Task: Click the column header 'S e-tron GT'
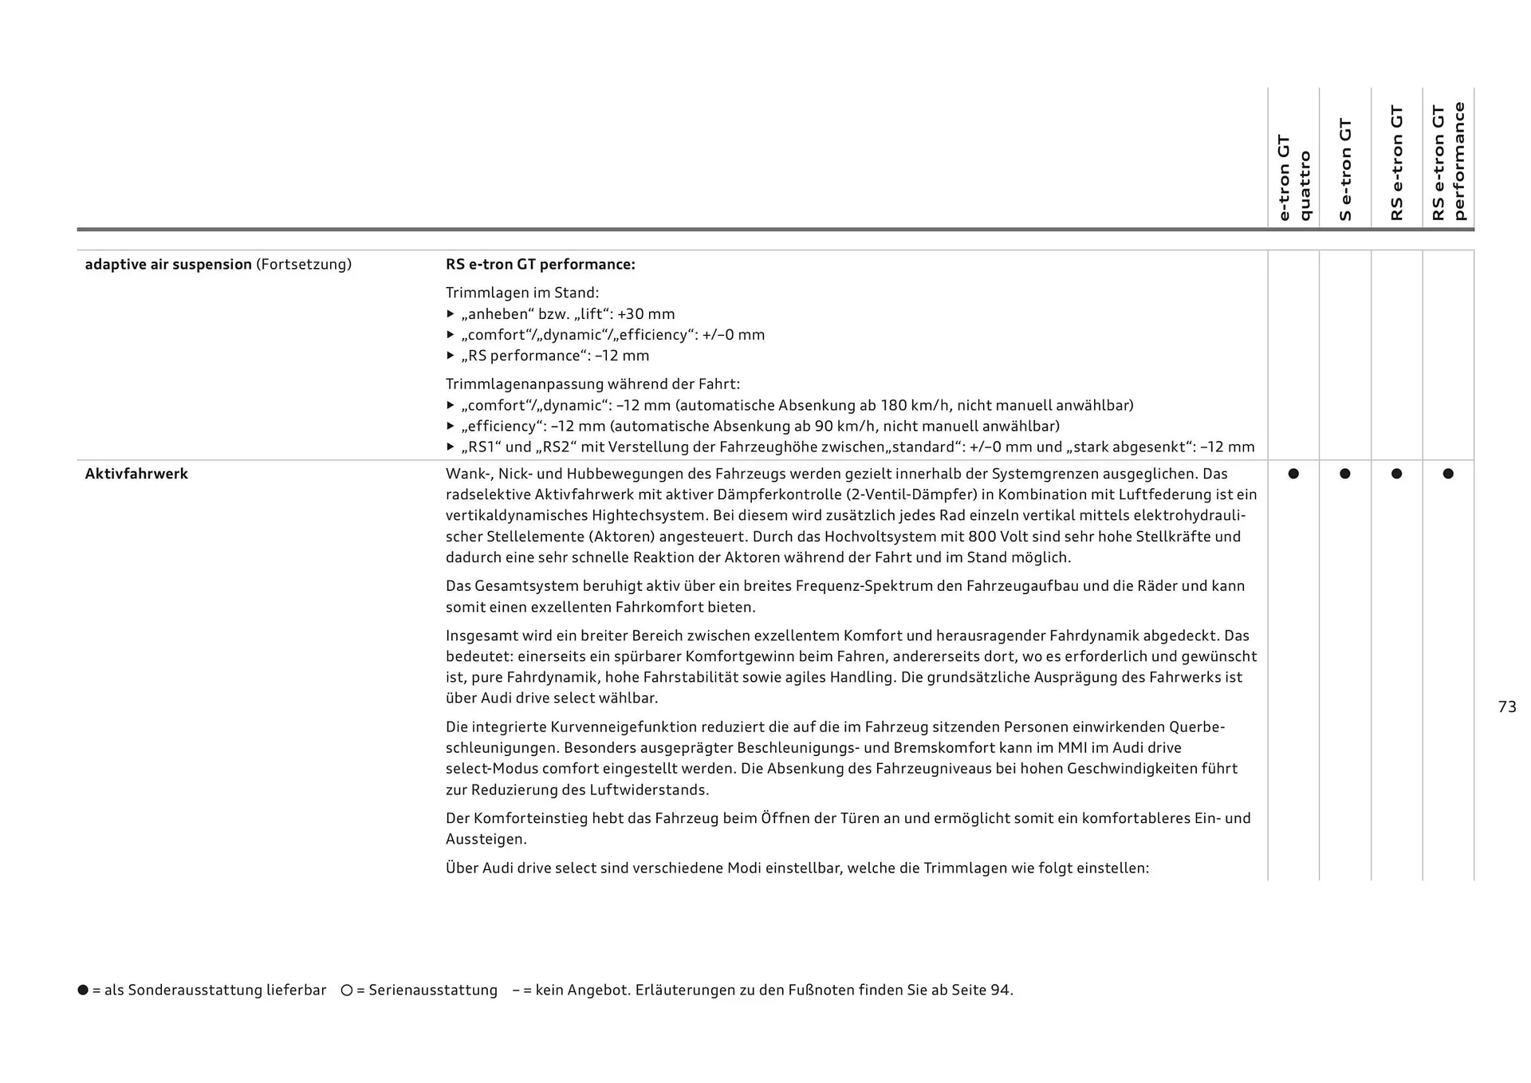click(1345, 169)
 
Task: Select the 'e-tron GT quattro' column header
click(1293, 177)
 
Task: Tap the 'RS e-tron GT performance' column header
click(1448, 161)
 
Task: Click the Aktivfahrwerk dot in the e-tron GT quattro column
click(1293, 474)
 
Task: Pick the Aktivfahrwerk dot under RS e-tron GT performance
click(1448, 474)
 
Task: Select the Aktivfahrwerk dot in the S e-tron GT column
click(1345, 474)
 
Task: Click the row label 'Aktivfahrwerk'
click(136, 474)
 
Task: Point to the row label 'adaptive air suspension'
click(168, 264)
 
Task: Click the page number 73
click(1506, 707)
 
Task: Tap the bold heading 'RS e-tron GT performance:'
click(540, 264)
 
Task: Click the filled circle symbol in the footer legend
click(83, 990)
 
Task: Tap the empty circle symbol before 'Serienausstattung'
click(347, 990)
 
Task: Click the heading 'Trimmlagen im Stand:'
click(522, 293)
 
